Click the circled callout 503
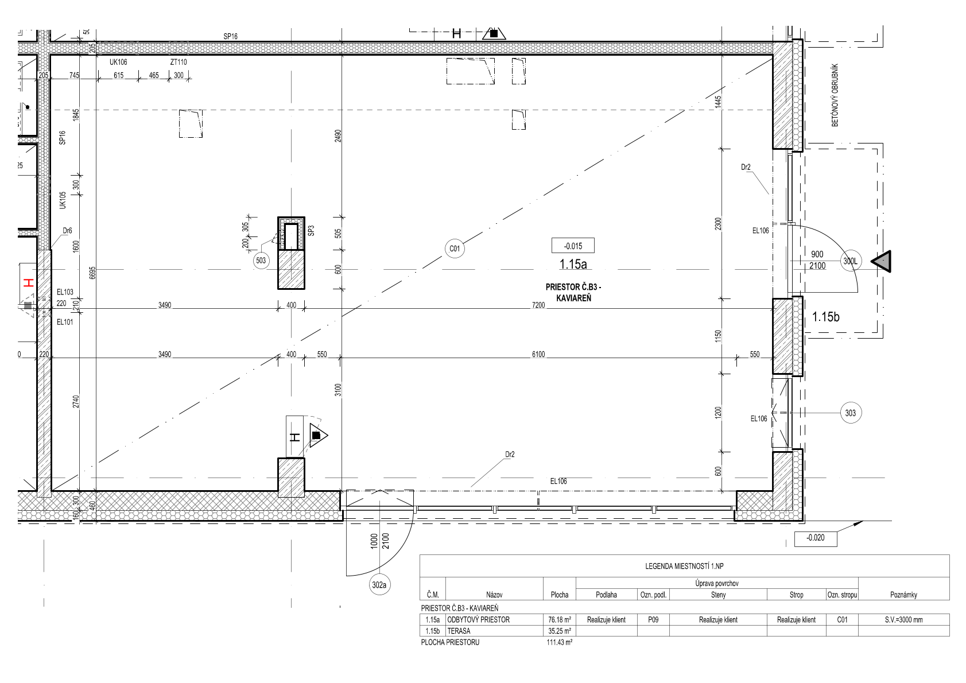coord(261,261)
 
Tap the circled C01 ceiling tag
coord(455,249)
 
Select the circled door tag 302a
coord(379,585)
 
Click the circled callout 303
coord(851,413)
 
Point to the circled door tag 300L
coord(851,261)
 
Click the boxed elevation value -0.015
coord(573,246)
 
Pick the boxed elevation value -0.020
coord(816,538)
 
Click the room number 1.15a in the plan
coord(573,264)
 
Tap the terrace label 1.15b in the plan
coord(825,317)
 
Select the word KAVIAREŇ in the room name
coord(573,298)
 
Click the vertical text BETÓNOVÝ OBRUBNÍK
coord(835,95)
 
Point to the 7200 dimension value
coord(538,305)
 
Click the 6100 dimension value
coord(538,355)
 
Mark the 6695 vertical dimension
coord(92,273)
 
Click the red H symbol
coord(29,283)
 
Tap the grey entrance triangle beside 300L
coord(881,261)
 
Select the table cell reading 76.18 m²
coord(559,620)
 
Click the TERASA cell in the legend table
coord(459,631)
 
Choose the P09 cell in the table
coord(653,620)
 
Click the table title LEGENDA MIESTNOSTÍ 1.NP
coord(684,566)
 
